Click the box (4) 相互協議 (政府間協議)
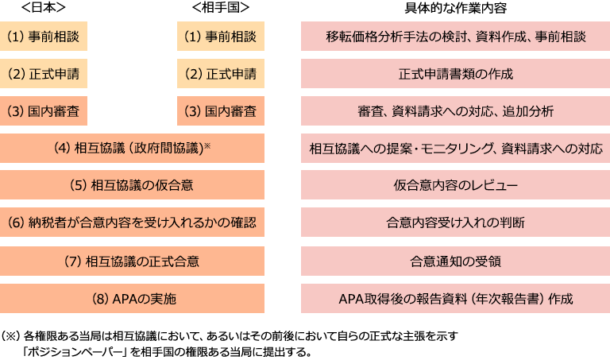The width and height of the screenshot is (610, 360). (133, 148)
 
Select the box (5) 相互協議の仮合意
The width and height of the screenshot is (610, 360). (133, 185)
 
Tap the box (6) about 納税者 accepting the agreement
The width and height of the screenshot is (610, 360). (133, 223)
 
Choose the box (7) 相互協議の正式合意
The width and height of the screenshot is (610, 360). (133, 261)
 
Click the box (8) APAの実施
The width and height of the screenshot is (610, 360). (133, 299)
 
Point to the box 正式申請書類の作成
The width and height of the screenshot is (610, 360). (455, 74)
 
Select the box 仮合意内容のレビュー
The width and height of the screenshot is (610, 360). (455, 185)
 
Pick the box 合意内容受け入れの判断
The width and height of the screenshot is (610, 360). (455, 223)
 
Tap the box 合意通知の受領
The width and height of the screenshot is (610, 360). (455, 261)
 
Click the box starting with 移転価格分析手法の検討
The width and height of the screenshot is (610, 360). (455, 37)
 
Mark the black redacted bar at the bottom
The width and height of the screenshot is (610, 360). (234, 343)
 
